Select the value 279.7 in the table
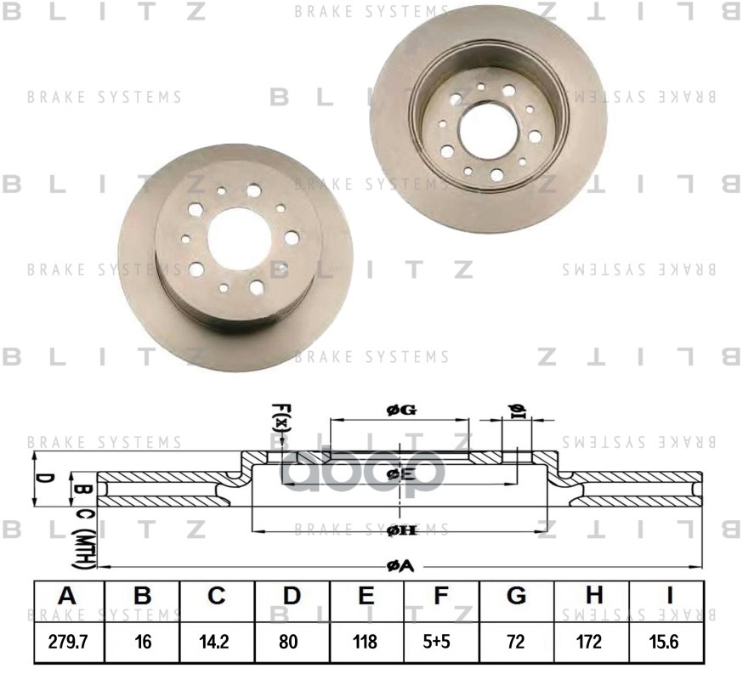point(68,642)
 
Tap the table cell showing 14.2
point(217,642)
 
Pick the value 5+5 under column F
point(440,642)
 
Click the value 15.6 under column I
point(666,642)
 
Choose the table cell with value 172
point(591,642)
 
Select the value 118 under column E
point(366,642)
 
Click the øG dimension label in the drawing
point(400,411)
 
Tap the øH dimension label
point(400,530)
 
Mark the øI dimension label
point(517,411)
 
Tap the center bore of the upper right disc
point(488,128)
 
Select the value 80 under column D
point(292,642)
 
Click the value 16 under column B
point(142,642)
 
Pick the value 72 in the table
point(516,642)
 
